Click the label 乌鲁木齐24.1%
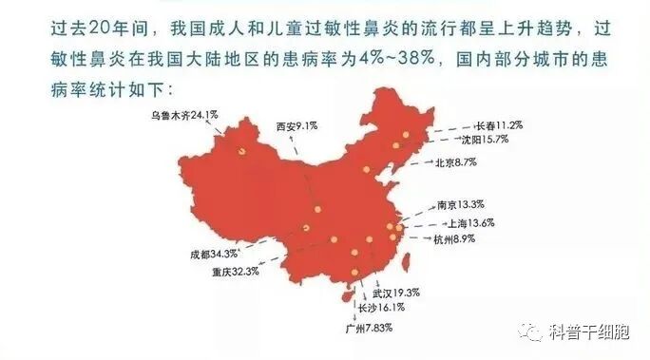(x=184, y=116)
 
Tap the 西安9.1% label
(x=294, y=126)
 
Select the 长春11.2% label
(x=499, y=124)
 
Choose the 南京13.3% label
(x=461, y=204)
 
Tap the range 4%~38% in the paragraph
(x=384, y=59)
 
